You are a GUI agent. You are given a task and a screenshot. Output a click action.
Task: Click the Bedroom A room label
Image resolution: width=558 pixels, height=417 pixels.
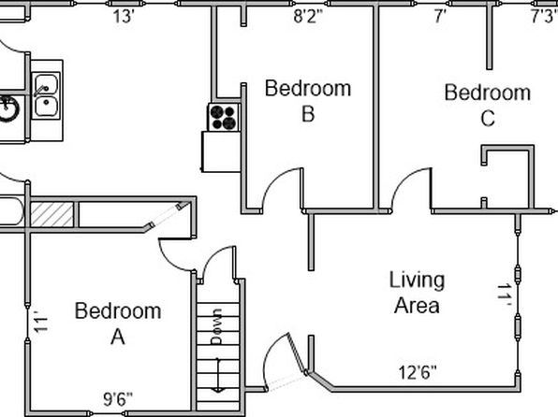118,324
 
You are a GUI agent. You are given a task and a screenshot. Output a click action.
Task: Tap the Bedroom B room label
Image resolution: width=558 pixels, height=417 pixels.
308,101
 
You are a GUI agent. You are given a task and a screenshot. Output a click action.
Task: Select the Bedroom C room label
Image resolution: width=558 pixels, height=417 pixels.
488,105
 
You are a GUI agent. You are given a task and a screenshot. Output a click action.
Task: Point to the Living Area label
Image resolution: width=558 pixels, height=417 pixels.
417,293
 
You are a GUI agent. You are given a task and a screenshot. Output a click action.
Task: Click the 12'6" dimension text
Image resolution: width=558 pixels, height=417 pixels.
417,372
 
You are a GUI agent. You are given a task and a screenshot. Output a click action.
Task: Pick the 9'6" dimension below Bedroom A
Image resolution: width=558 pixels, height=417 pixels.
118,399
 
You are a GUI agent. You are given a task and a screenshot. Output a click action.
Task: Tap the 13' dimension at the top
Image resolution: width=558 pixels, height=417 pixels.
124,17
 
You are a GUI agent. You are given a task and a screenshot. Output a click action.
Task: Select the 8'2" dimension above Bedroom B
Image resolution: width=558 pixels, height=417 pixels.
308,16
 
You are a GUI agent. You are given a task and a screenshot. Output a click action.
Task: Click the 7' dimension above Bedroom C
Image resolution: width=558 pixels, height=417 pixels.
440,16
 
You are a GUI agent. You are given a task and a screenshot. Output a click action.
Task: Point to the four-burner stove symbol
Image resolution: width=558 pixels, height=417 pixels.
224,117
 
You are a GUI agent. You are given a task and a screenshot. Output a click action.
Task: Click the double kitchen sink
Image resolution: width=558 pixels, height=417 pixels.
46,95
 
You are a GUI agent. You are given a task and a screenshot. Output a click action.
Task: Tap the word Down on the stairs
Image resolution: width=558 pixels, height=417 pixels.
216,326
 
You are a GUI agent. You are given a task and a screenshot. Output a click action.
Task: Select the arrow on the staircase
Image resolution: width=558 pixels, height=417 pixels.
218,375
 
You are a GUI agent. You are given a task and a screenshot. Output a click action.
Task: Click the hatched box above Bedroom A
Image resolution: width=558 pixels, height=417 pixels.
51,214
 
